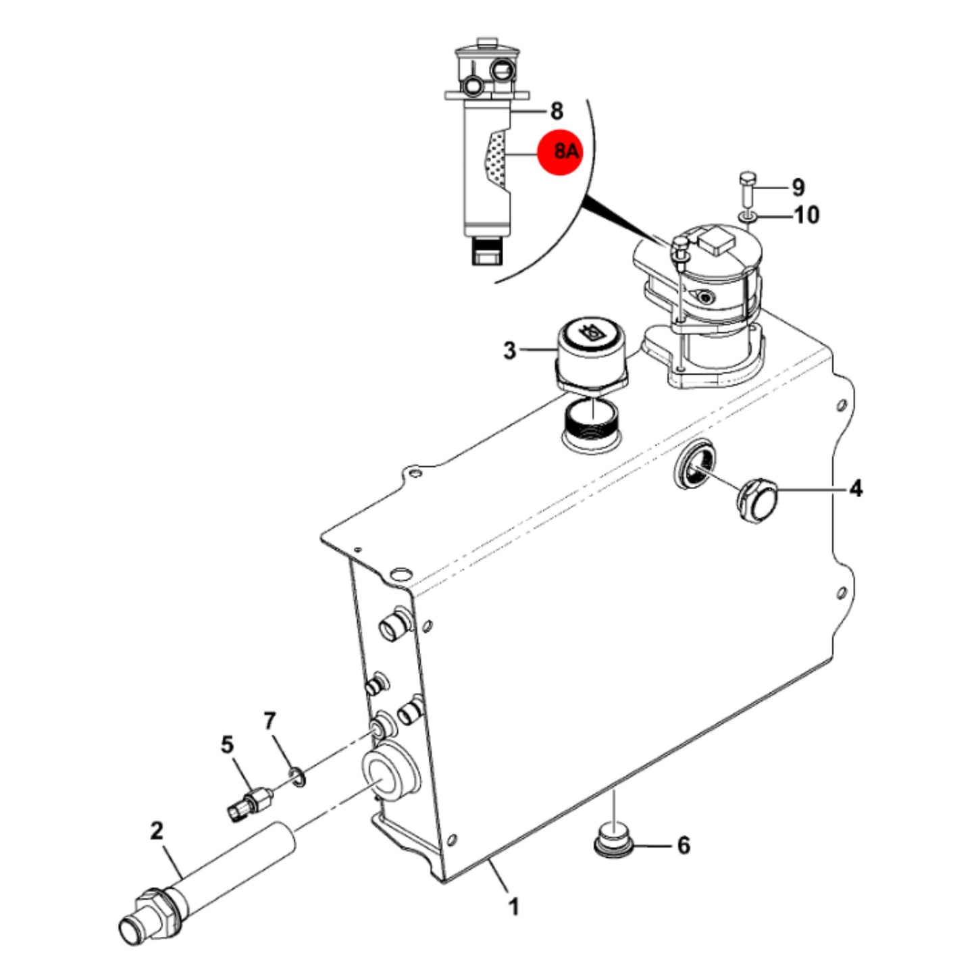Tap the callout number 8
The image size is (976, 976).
click(556, 111)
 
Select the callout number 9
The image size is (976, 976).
click(798, 187)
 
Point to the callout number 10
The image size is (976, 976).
click(807, 215)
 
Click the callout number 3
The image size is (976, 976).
click(509, 350)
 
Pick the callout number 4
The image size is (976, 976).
click(855, 489)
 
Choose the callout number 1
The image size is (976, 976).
click(513, 906)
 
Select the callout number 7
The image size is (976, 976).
click(269, 720)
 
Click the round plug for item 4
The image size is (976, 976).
click(756, 503)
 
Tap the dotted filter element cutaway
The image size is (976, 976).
click(494, 157)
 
